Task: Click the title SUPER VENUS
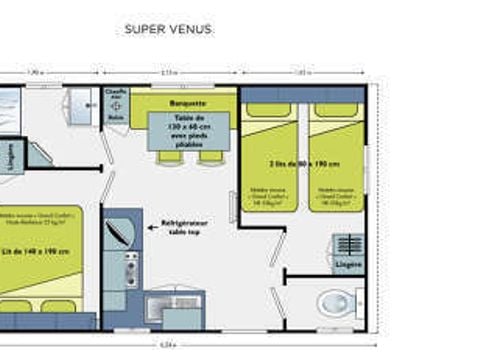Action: coord(168,29)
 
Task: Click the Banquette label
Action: coord(188,102)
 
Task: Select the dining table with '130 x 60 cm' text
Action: coord(188,131)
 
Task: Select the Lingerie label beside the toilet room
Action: coord(348,265)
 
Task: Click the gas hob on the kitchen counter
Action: coord(131,269)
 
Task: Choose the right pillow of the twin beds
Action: coord(332,110)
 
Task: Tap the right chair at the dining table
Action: coord(210,157)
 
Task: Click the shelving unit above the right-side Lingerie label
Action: coord(348,245)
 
